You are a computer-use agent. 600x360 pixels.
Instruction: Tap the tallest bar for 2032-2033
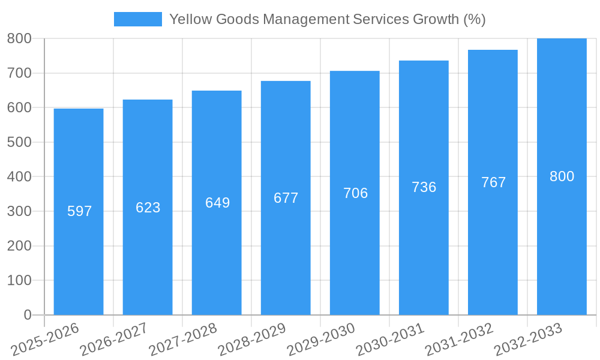(562, 252)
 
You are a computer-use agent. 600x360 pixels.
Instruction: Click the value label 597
(79, 211)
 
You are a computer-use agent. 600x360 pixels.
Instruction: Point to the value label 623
(148, 208)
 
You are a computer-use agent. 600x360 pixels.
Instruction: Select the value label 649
(217, 203)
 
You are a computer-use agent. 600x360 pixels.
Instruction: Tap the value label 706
(355, 193)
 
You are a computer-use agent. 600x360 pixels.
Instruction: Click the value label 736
(424, 187)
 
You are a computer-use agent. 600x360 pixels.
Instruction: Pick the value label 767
(493, 182)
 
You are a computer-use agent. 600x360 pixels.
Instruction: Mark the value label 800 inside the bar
(562, 176)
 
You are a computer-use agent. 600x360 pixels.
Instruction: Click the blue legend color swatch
(138, 19)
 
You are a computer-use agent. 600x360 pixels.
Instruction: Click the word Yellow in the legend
(190, 19)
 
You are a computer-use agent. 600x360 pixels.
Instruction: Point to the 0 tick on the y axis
(27, 315)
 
